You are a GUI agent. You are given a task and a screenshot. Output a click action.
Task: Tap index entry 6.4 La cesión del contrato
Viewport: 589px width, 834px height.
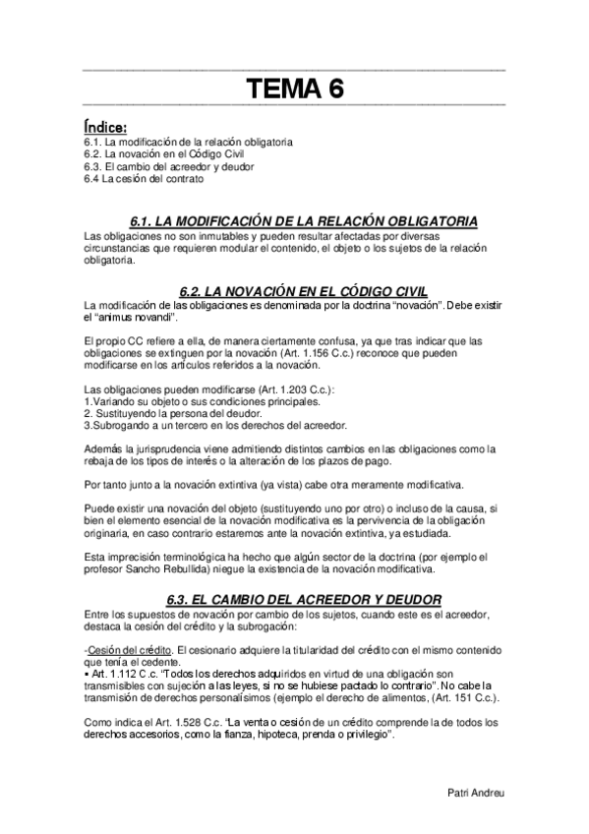pyautogui.click(x=145, y=180)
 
